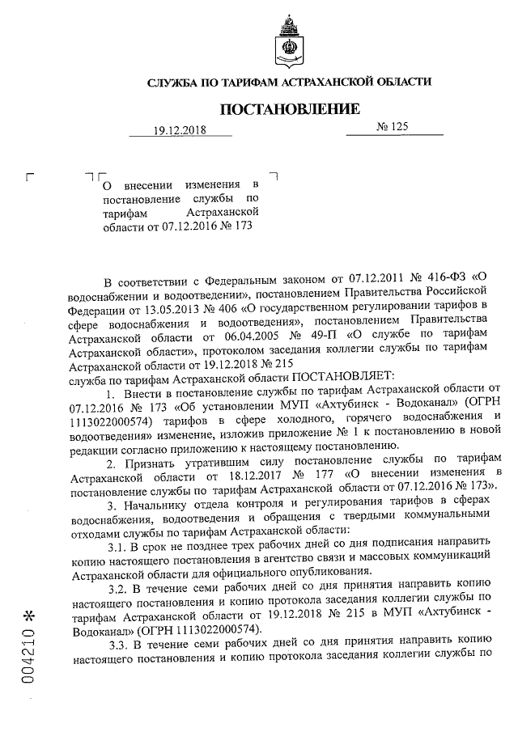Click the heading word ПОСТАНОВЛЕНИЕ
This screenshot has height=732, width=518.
click(x=289, y=108)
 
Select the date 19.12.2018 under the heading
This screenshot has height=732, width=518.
click(x=180, y=132)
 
